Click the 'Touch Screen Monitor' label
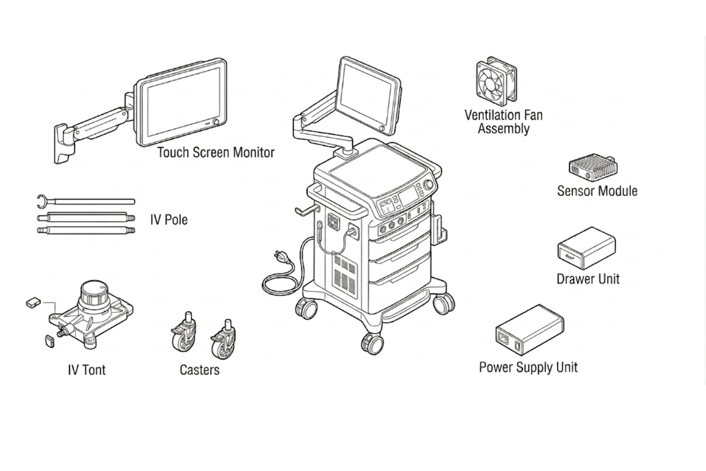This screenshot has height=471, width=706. click(x=215, y=152)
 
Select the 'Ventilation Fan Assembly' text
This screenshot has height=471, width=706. click(x=504, y=121)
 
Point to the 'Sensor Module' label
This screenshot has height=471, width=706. click(x=597, y=191)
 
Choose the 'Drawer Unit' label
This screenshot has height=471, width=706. click(x=588, y=278)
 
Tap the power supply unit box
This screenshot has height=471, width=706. click(x=529, y=330)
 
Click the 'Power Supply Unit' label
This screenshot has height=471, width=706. click(x=528, y=367)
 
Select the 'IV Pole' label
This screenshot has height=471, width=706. click(x=168, y=220)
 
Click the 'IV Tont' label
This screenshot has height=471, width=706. click(x=86, y=370)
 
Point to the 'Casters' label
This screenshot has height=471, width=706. click(x=199, y=370)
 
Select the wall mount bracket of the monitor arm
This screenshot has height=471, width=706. click(x=61, y=143)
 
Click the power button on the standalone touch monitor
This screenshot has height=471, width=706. click(x=216, y=122)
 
